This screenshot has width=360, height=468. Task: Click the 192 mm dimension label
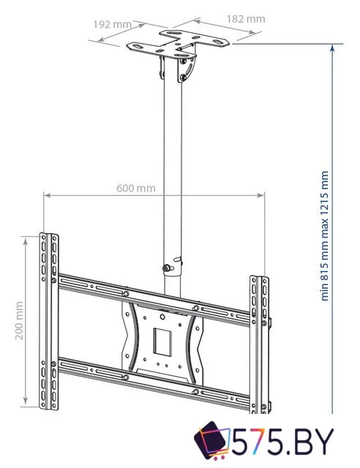coord(112,24)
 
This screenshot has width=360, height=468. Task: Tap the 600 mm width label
coord(136,188)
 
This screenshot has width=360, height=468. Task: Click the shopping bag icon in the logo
coord(213,441)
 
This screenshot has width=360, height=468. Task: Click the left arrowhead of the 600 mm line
coord(46,195)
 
